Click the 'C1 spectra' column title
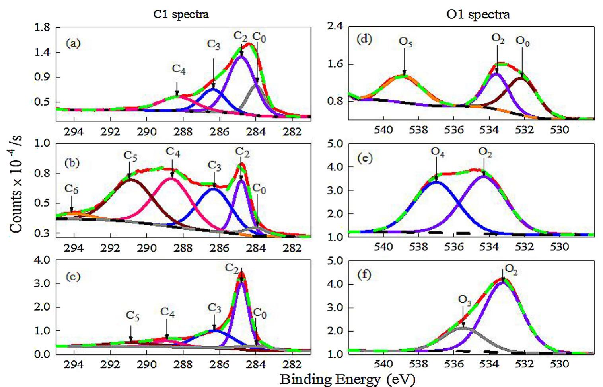(181, 15)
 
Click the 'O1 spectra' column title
(478, 15)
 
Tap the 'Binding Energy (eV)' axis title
(347, 379)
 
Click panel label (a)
(73, 43)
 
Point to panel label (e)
(365, 158)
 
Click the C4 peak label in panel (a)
(179, 70)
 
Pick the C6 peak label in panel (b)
(71, 190)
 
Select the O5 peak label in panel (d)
(405, 42)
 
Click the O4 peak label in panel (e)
(438, 152)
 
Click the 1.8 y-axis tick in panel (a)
(43, 28)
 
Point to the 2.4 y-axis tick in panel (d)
(335, 27)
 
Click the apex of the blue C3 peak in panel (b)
(214, 188)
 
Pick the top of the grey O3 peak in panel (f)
(463, 328)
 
